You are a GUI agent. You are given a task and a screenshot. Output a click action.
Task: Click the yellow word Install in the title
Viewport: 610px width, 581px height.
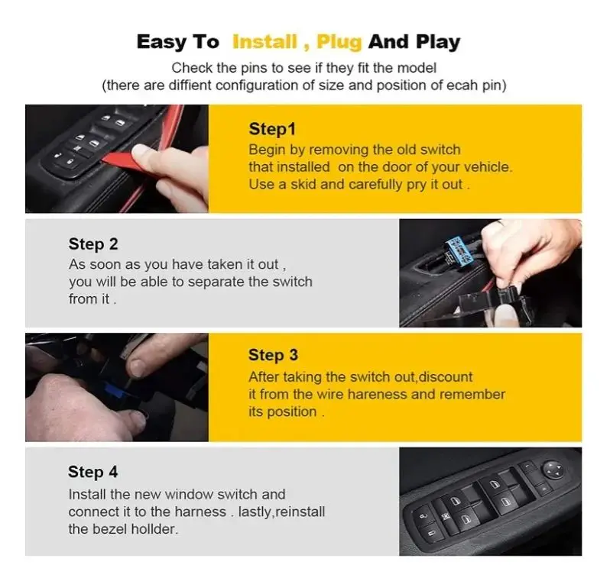(264, 41)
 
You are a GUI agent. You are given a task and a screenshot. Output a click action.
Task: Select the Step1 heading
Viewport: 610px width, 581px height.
(272, 129)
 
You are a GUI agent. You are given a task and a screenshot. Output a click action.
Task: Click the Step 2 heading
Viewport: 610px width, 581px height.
(93, 244)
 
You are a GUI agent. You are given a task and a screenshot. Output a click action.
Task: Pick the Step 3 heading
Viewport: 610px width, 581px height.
(273, 355)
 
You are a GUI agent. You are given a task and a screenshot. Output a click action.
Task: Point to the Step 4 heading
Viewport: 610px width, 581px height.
(92, 472)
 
